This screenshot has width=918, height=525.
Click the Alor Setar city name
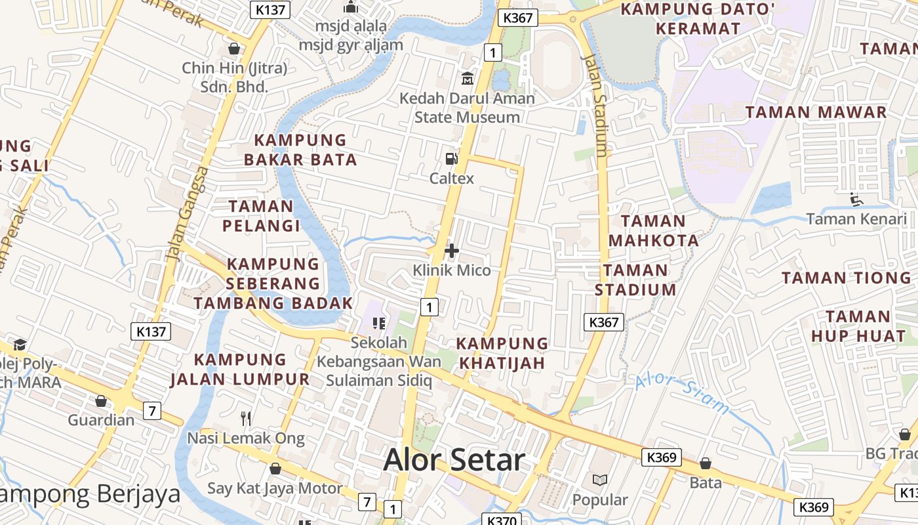click(x=454, y=460)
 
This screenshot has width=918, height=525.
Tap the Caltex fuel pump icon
click(x=451, y=158)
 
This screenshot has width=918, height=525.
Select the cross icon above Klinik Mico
click(x=451, y=250)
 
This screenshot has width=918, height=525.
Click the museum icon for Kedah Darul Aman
click(x=468, y=79)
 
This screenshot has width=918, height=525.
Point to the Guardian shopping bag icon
click(x=101, y=400)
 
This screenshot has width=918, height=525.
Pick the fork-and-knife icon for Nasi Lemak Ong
click(x=246, y=418)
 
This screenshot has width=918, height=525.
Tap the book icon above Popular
click(x=599, y=480)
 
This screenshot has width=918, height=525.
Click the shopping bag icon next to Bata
click(x=706, y=463)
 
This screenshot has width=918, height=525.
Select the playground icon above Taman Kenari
click(x=856, y=199)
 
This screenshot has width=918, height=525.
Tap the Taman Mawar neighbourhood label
click(x=816, y=112)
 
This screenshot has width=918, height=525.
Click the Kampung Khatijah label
click(x=502, y=353)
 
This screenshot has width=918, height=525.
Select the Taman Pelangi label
click(x=260, y=216)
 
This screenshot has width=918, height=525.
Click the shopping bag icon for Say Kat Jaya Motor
click(x=275, y=469)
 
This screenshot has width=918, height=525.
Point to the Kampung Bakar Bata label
click(x=300, y=150)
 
